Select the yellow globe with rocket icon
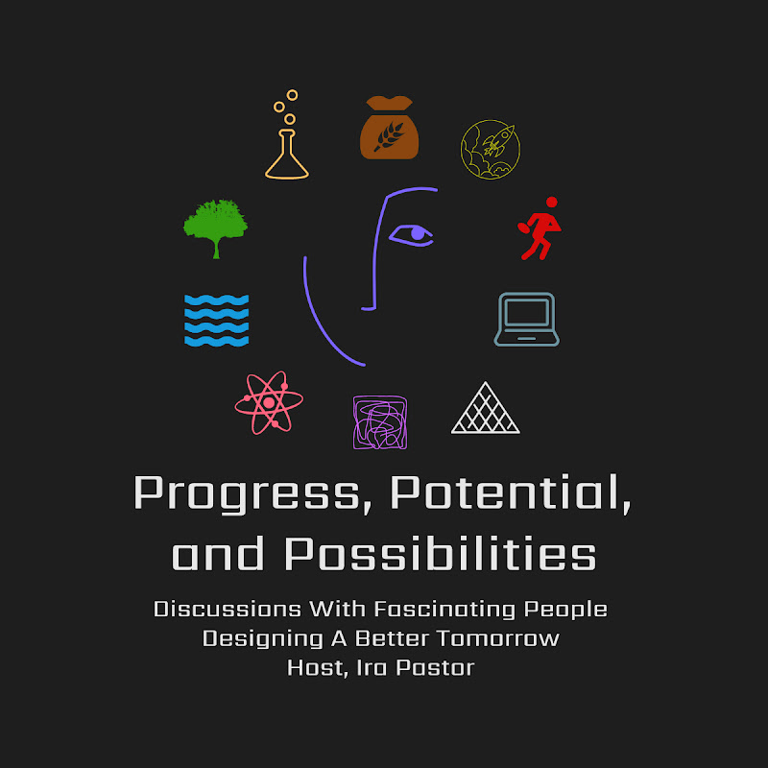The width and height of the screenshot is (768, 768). coord(490,149)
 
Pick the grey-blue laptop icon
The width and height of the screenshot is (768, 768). coord(527,319)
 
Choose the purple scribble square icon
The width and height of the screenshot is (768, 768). coord(380,422)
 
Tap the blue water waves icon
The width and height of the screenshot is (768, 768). coord(217,320)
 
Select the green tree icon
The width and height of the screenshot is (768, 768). coord(216,227)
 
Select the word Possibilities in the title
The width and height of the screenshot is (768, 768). coord(440,554)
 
